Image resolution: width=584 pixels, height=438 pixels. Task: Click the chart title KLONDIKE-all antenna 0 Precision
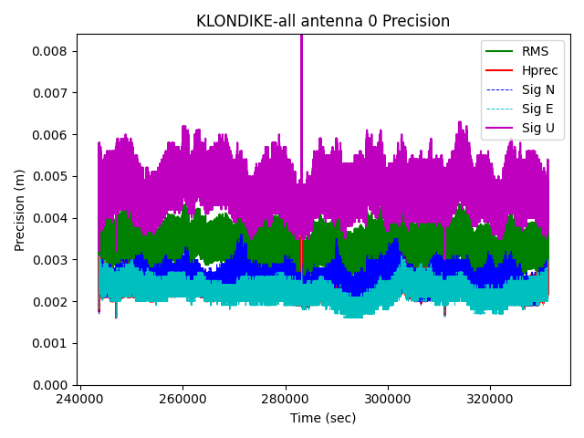(x=323, y=21)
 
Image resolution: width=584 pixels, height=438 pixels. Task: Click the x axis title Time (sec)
(x=323, y=418)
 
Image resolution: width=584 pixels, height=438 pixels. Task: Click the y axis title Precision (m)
(x=20, y=209)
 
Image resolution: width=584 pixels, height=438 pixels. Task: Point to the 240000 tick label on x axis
(x=80, y=399)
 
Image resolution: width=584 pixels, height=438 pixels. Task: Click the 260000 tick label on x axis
(x=182, y=399)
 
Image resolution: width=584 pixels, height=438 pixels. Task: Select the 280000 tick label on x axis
(x=286, y=399)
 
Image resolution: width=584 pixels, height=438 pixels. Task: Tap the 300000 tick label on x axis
(x=388, y=399)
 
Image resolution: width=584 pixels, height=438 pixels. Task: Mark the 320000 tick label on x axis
(x=490, y=399)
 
